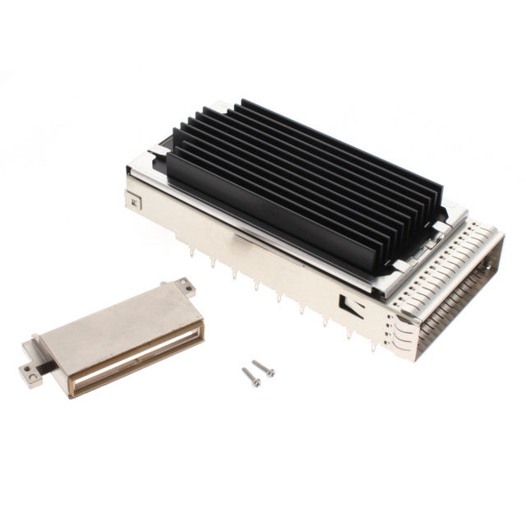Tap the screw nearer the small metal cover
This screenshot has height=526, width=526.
(x=251, y=377)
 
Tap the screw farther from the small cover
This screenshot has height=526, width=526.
(x=264, y=368)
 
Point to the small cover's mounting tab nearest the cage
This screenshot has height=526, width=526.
(x=185, y=287)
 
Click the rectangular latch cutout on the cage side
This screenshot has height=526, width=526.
(x=352, y=306)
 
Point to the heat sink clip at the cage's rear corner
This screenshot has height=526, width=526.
(x=157, y=153)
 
